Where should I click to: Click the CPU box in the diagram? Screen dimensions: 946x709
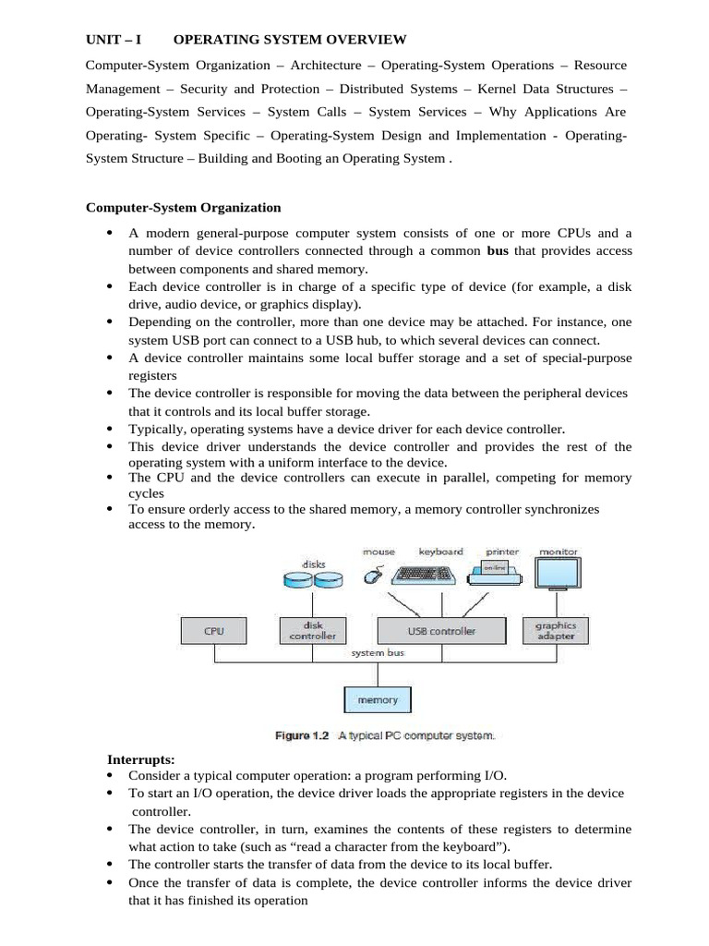coord(214,632)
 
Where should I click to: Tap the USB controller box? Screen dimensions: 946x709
coord(441,631)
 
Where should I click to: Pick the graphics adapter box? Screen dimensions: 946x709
coord(555,631)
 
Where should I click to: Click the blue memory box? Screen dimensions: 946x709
coord(377,700)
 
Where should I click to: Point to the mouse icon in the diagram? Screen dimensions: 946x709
coord(374,576)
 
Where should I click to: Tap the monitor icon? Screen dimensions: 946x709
coord(559,571)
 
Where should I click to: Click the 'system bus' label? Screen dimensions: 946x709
coord(378,653)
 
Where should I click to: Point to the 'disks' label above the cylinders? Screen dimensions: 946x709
coord(314,563)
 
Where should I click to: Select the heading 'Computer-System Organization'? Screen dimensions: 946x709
coord(183,208)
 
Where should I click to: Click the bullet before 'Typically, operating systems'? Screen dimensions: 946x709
coord(111,430)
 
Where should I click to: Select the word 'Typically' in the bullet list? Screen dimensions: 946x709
coord(156,430)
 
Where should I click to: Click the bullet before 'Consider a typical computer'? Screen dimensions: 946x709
coord(111,775)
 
